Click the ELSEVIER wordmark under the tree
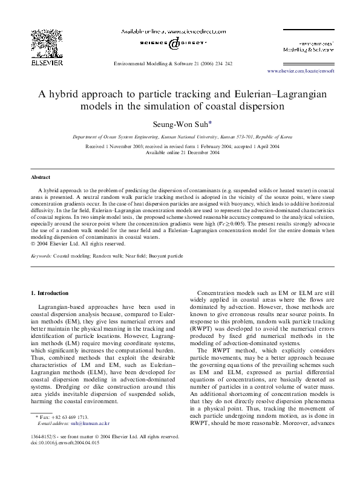click(44, 60)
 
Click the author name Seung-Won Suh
click(179, 124)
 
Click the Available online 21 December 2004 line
click(179, 152)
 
